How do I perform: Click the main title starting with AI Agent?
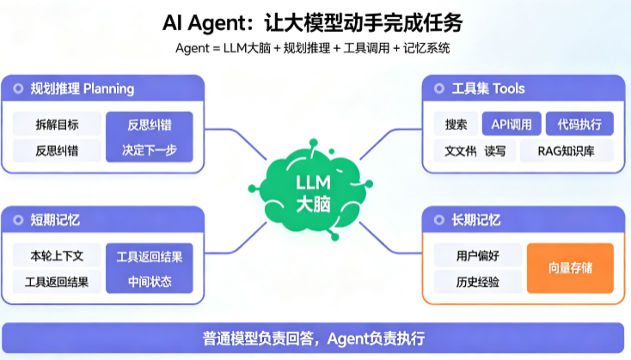pos(313,22)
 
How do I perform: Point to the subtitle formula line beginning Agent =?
pos(312,48)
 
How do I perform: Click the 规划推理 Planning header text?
pos(82,88)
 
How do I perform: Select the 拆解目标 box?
pos(57,125)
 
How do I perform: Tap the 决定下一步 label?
pos(150,150)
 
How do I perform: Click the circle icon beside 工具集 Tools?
pos(438,88)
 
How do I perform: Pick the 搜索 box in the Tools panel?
pos(456,125)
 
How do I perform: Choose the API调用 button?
pos(512,125)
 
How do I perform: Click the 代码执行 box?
pos(579,125)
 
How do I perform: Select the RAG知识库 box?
pos(567,151)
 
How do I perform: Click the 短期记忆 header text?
pos(55,220)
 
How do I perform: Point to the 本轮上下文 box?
pos(57,255)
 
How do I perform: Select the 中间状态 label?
pos(150,282)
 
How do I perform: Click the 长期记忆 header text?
pos(476,220)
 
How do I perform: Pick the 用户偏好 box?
pos(478,255)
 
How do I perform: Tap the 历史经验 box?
pos(478,282)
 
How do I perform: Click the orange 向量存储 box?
pos(570,268)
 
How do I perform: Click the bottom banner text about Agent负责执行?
pos(314,339)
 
